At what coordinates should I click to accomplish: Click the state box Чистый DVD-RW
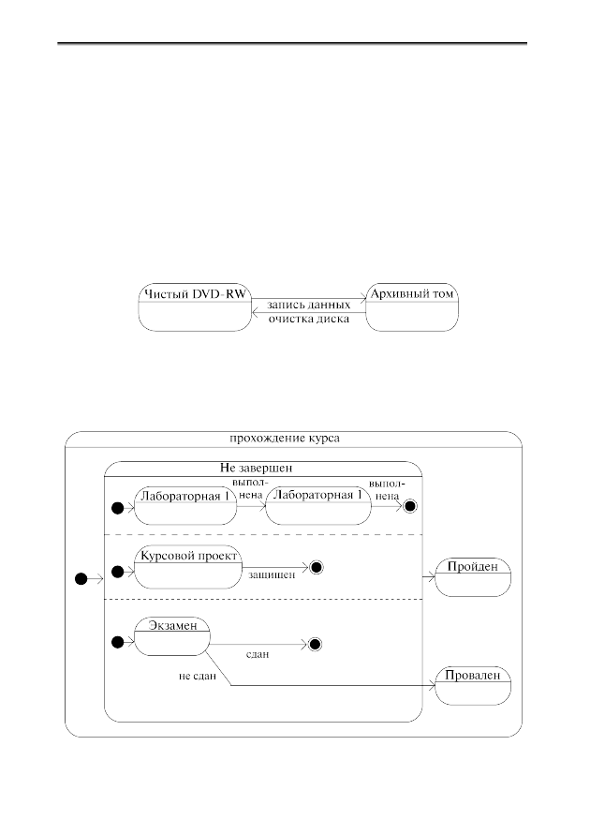coord(195,307)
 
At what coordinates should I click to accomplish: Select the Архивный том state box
coord(412,307)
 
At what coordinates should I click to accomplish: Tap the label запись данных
coord(308,306)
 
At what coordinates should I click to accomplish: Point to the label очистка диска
coord(308,319)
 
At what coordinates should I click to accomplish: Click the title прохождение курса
coord(285,439)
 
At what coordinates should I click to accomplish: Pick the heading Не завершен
coord(257,468)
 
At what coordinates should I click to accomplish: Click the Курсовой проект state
coord(188,567)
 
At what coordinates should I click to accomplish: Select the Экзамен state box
coord(171,636)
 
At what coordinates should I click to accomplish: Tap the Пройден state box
coord(473,577)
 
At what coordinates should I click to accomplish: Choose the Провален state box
coord(473,686)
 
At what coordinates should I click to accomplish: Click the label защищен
coord(272,575)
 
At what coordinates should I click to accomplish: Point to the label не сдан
coord(198,677)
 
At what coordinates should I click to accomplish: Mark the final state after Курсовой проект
coord(317,568)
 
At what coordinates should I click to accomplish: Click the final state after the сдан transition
coord(315,645)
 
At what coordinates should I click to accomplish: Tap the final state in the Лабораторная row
coord(409,506)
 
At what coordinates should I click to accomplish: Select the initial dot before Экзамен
coord(118,642)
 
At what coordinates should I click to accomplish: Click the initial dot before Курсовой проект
coord(118,572)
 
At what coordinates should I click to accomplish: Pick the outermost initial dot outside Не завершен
coord(81,579)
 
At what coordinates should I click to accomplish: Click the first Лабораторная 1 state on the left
coord(185,505)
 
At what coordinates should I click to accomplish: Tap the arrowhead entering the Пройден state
coord(432,577)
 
